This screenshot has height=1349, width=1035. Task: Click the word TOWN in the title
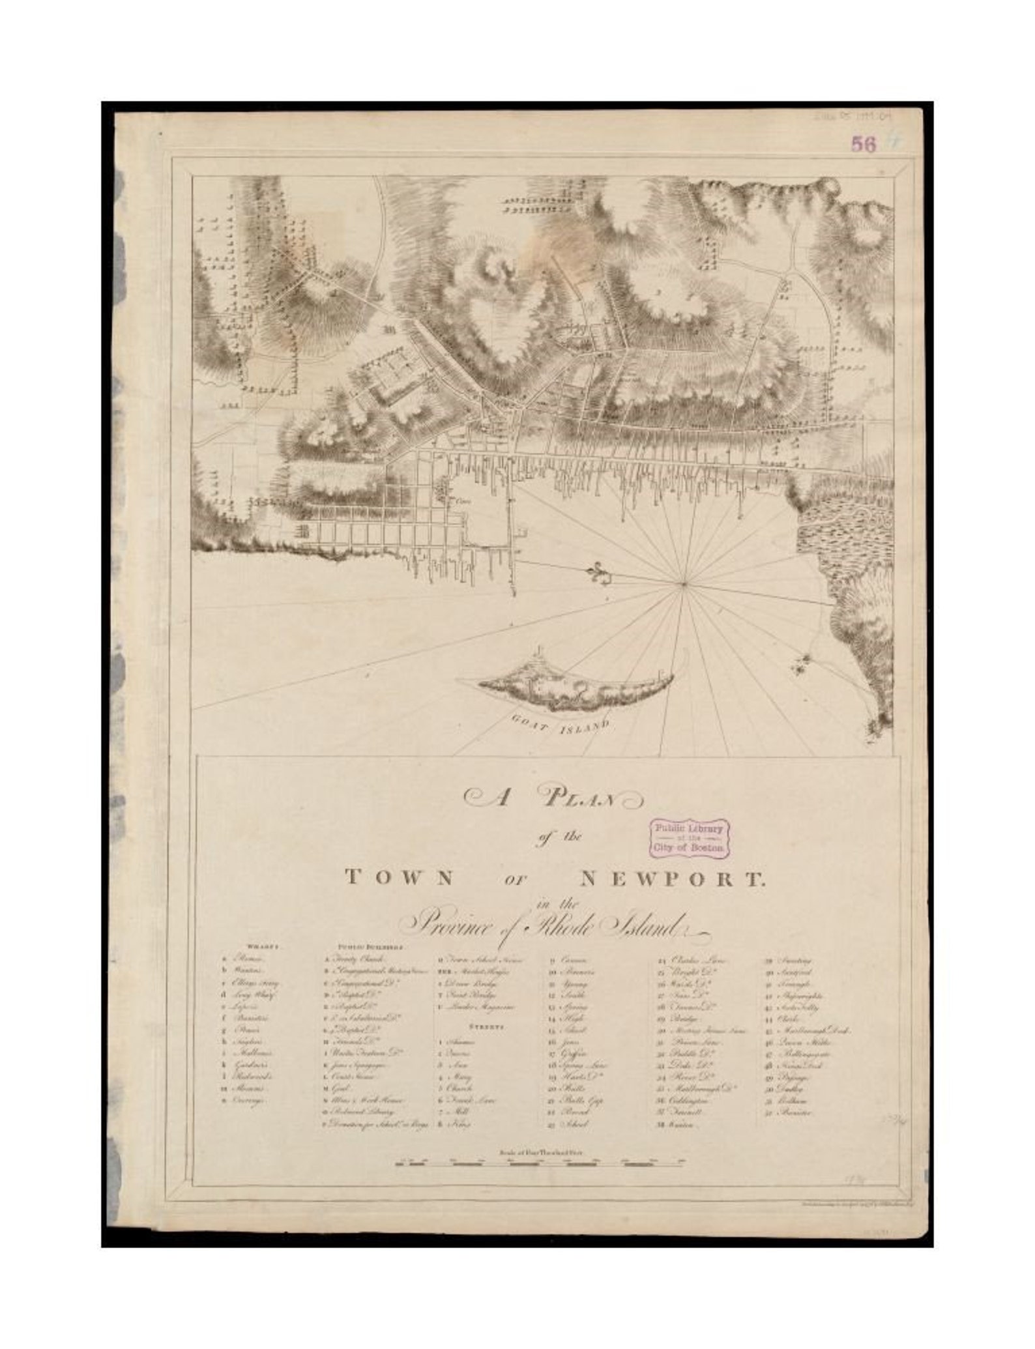399,878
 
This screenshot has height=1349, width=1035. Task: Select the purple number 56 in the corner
864,145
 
